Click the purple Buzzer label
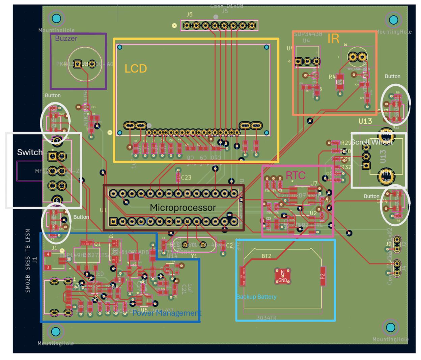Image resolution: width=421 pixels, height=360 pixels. point(66,38)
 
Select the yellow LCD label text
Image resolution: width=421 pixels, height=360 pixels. point(136,69)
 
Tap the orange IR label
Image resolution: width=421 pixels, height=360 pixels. point(333,39)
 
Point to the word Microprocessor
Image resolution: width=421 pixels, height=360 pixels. point(183,207)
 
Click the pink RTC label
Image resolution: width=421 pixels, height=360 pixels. point(296,175)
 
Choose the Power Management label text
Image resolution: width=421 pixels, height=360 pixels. point(166,313)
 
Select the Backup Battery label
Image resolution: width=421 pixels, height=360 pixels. point(256,297)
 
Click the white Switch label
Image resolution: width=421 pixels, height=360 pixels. point(30,153)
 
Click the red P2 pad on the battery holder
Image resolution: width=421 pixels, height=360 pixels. point(323,276)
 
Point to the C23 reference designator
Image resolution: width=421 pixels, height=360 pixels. point(186,177)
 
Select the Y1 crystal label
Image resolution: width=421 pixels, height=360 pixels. point(194,256)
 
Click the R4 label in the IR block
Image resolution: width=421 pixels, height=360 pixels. point(332,77)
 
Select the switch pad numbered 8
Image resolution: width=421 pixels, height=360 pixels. point(57,200)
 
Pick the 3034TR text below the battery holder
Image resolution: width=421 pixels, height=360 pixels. point(266,318)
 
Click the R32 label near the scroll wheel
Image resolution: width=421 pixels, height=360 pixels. point(346,167)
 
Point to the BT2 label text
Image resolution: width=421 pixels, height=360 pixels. point(266,256)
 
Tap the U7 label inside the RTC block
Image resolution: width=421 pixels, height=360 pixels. point(314,184)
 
